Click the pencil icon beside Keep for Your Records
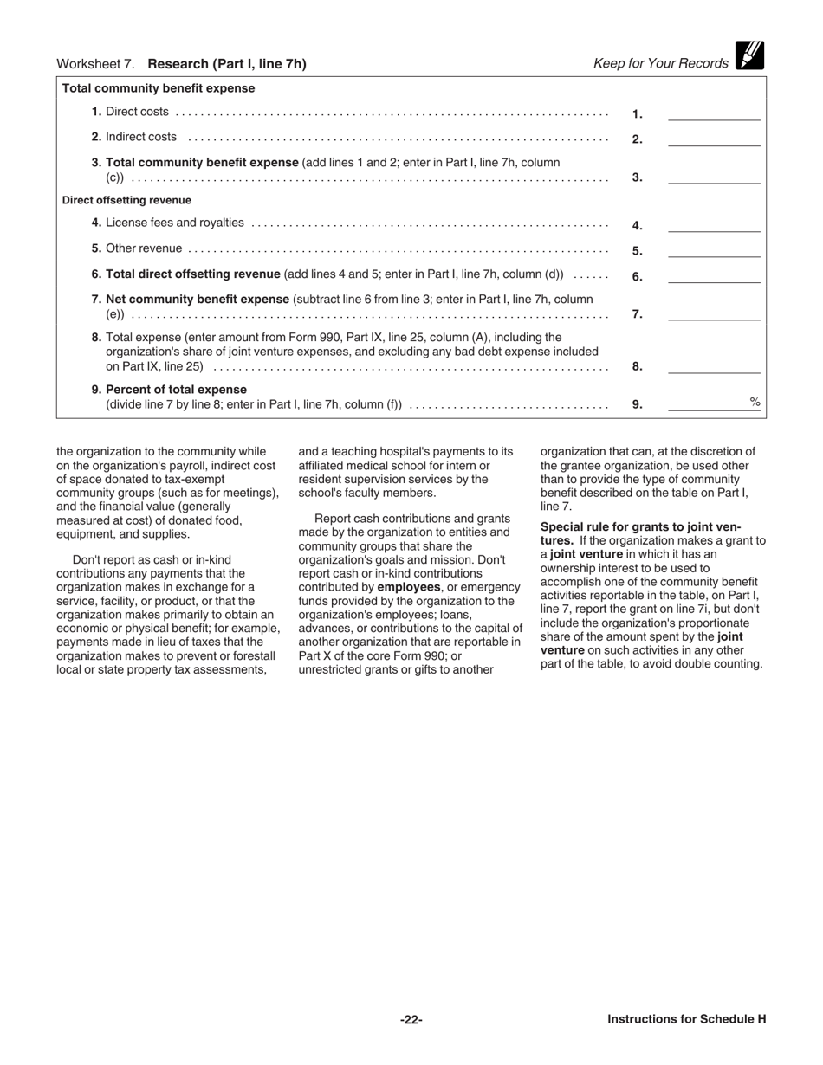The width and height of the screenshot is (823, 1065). pyautogui.click(x=749, y=55)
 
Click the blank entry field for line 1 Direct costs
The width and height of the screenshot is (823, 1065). pyautogui.click(x=714, y=113)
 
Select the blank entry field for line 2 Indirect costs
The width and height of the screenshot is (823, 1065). pyautogui.click(x=714, y=139)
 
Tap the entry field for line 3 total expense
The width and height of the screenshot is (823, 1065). pyautogui.click(x=714, y=177)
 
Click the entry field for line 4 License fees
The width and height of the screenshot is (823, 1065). pyautogui.click(x=714, y=225)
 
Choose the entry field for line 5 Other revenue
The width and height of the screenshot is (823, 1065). pyautogui.click(x=714, y=250)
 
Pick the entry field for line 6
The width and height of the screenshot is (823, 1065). pyautogui.click(x=714, y=276)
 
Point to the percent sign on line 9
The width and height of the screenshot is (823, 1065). pyautogui.click(x=755, y=402)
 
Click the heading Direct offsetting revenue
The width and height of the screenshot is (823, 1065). pyautogui.click(x=126, y=200)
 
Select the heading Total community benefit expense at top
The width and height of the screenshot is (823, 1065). pyautogui.click(x=159, y=88)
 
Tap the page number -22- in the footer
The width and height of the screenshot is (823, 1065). pyautogui.click(x=411, y=1019)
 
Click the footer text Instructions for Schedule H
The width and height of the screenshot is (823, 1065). pyautogui.click(x=686, y=1019)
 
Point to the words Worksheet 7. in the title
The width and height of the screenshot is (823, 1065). pyautogui.click(x=96, y=64)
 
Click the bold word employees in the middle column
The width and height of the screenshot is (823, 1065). pyautogui.click(x=409, y=587)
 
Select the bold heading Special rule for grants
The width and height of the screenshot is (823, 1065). pyautogui.click(x=640, y=526)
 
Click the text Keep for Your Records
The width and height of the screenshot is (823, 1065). pyautogui.click(x=660, y=63)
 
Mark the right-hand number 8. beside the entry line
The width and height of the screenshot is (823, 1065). pyautogui.click(x=637, y=366)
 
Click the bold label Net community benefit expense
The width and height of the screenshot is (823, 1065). pyautogui.click(x=198, y=299)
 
